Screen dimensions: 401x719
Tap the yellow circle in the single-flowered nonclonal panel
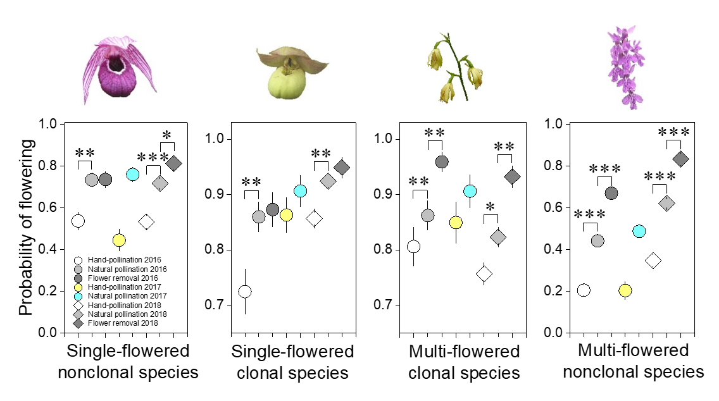pos(119,240)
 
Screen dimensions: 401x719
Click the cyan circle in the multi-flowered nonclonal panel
pos(639,231)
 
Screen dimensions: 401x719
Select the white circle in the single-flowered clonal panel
pos(245,292)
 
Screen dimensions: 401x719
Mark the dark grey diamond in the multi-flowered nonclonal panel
pos(680,159)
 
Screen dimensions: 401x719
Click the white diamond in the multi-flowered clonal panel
pos(485,274)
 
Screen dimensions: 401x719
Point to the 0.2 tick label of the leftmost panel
pos(49,291)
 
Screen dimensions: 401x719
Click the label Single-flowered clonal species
pos(292,362)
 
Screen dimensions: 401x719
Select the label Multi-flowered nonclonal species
pos(633,361)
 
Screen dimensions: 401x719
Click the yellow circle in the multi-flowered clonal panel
pos(456,223)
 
